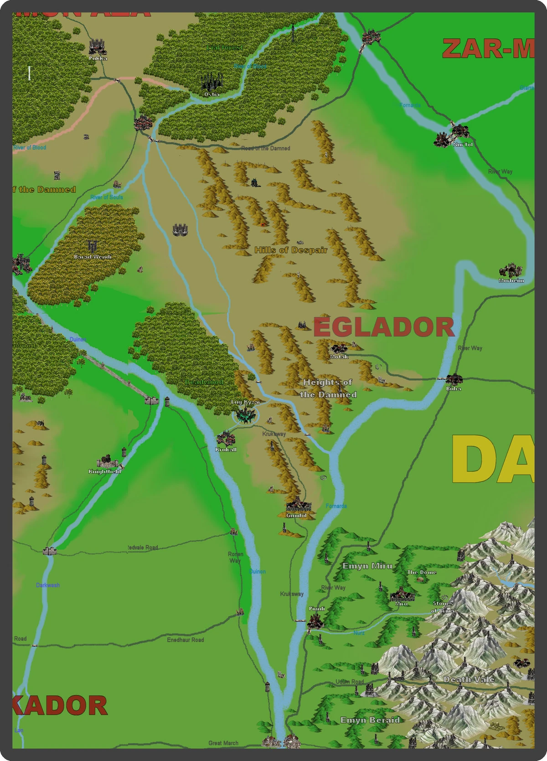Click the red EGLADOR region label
[x=383, y=327]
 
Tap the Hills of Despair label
[x=291, y=250]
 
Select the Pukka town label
[x=98, y=58]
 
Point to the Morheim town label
[x=511, y=280]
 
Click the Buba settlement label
[x=454, y=388]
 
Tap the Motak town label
[x=339, y=357]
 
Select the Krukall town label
[x=226, y=449]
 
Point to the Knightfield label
[x=104, y=471]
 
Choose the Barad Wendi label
[x=93, y=257]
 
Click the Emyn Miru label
[x=367, y=566]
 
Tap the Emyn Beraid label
[x=370, y=720]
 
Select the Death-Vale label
[x=469, y=679]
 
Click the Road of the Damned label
[x=266, y=148]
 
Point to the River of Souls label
[x=107, y=197]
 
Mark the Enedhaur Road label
[x=186, y=640]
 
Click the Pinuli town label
[x=317, y=609]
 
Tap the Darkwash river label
[x=48, y=585]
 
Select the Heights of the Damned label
[x=328, y=388]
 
